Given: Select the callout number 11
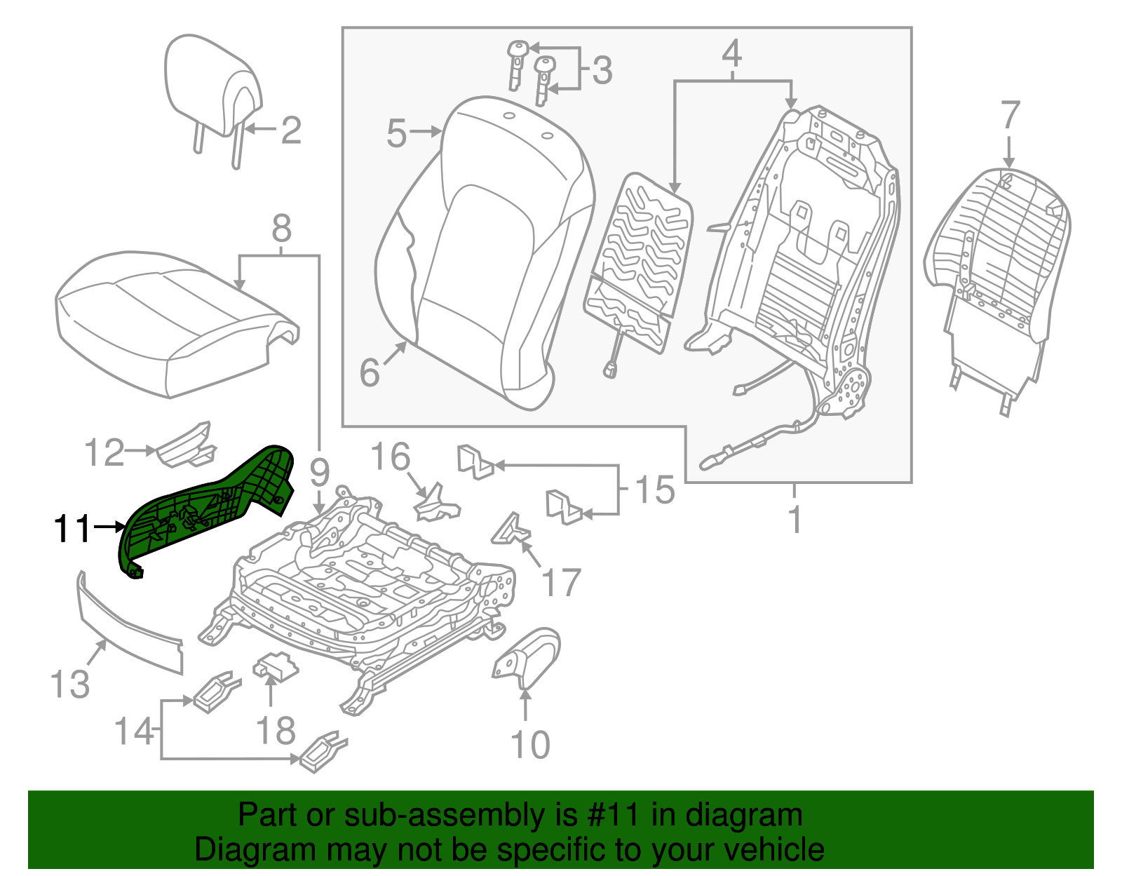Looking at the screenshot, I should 72,529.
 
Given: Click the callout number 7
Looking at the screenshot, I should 1009,116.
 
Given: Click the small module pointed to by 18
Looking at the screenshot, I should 275,666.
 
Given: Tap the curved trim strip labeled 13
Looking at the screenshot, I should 126,624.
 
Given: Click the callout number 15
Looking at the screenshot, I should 654,489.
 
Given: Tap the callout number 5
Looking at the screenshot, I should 396,133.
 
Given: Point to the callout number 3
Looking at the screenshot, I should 601,70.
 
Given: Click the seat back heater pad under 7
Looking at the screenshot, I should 999,260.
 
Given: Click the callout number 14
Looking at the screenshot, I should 134,732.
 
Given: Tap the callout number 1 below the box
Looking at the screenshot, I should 795,520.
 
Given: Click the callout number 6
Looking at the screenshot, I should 370,372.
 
